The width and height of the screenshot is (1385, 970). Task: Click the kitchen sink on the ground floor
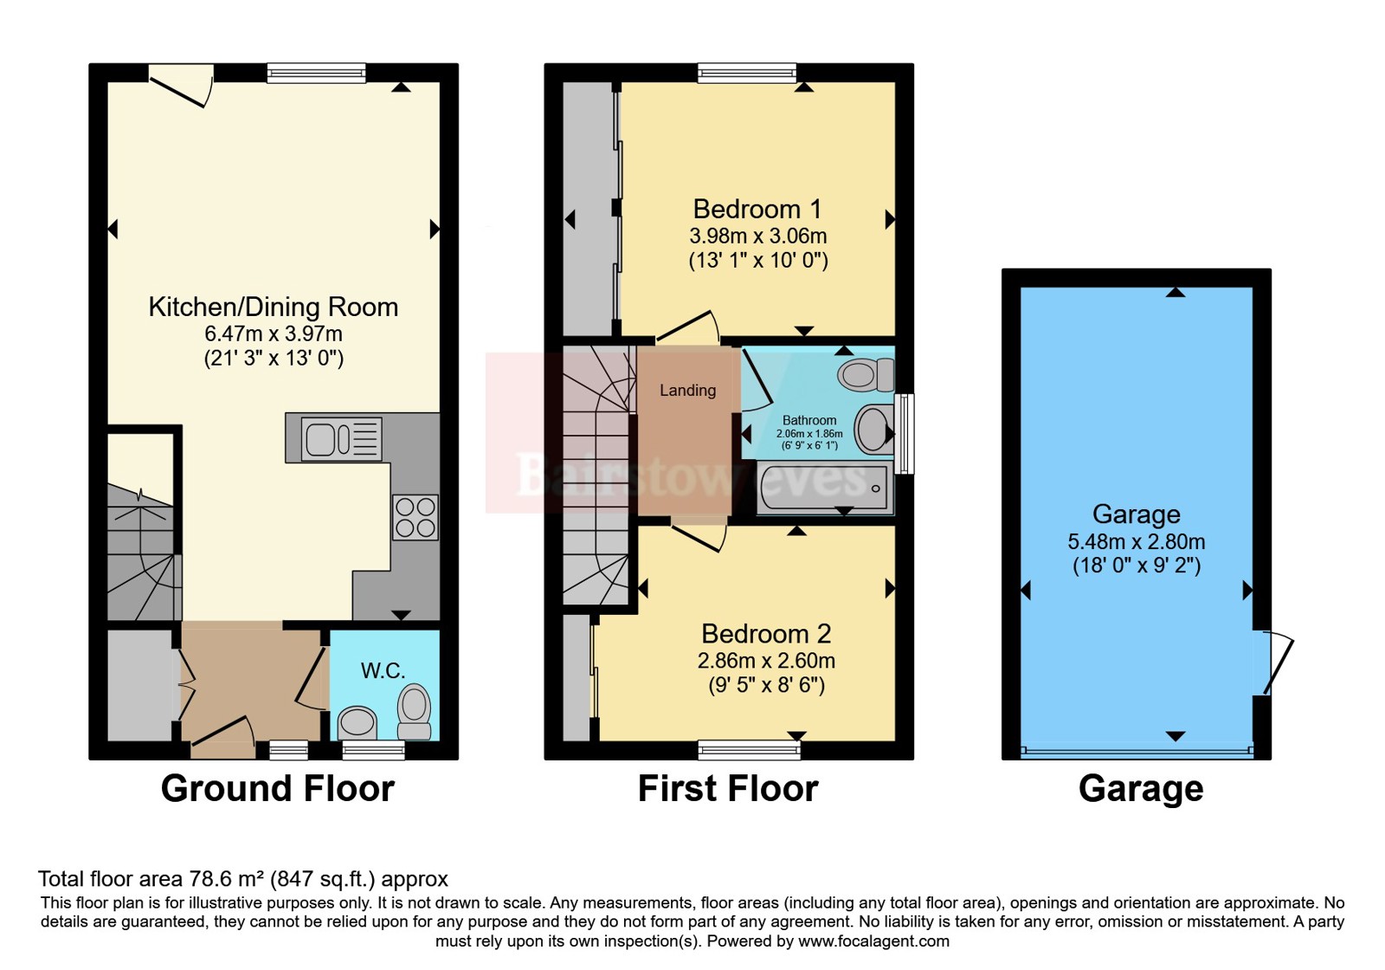pyautogui.click(x=341, y=439)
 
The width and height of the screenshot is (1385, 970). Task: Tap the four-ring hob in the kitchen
pyautogui.click(x=415, y=517)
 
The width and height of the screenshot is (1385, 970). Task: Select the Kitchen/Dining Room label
pyautogui.click(x=274, y=307)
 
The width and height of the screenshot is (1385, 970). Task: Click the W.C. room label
pyautogui.click(x=383, y=670)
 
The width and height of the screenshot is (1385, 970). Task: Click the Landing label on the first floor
pyautogui.click(x=687, y=391)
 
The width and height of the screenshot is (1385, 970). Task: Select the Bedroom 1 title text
pyautogui.click(x=757, y=209)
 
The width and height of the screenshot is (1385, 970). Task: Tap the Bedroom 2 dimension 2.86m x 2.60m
pyautogui.click(x=766, y=661)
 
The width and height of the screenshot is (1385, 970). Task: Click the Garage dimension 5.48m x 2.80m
pyautogui.click(x=1137, y=542)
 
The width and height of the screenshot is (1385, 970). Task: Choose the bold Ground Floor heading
pyautogui.click(x=278, y=789)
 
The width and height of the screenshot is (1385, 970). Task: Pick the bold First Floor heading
pyautogui.click(x=728, y=789)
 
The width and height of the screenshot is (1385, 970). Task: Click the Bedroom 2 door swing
pyautogui.click(x=699, y=537)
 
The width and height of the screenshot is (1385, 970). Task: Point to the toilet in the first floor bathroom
pyautogui.click(x=866, y=374)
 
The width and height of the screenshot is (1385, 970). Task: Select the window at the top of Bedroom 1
pyautogui.click(x=747, y=73)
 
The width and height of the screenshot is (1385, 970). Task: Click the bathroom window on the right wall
pyautogui.click(x=904, y=434)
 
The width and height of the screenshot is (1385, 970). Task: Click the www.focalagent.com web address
pyautogui.click(x=873, y=941)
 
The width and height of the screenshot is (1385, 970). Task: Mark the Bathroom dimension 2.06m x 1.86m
pyautogui.click(x=809, y=434)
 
